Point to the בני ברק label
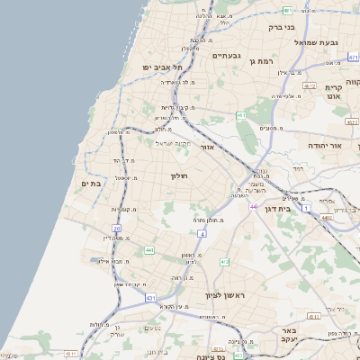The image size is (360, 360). click(288, 27)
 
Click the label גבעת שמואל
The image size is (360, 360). click(317, 41)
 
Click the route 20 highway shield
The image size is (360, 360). click(117, 229)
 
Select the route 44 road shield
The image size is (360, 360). click(254, 207)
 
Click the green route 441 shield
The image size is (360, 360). click(148, 250)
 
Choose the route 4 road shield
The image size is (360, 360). click(203, 233)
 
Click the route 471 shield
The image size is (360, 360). click(353, 57)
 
